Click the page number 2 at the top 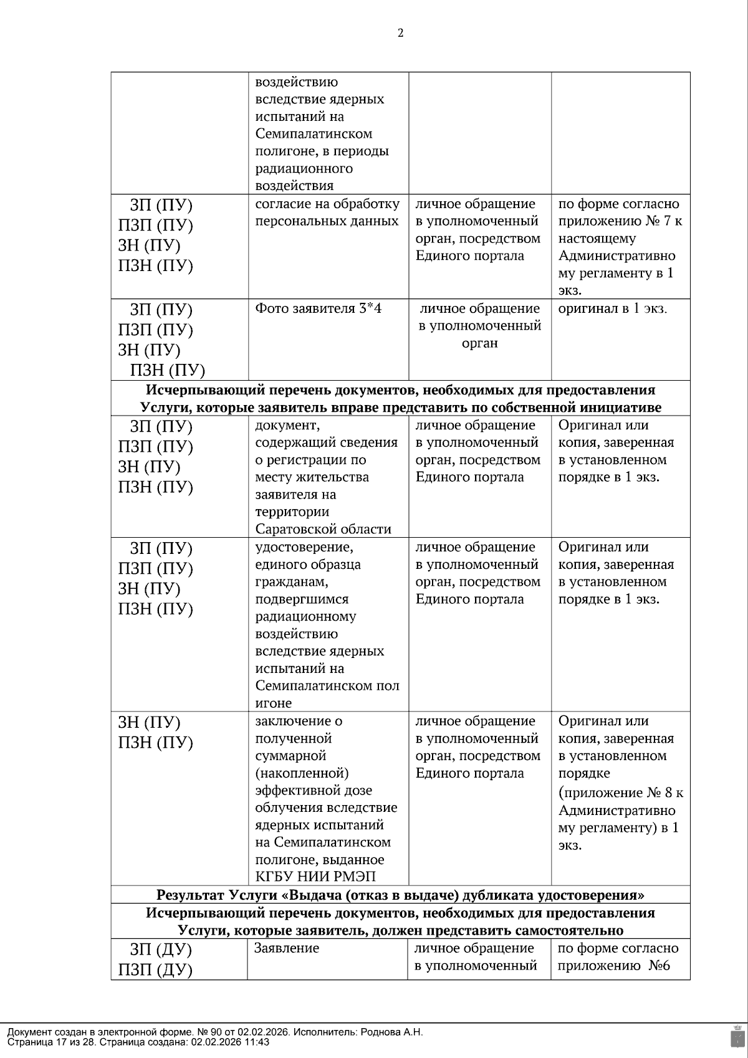[400, 34]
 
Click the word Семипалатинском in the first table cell [314, 134]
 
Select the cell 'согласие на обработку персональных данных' [327, 213]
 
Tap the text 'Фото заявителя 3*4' [318, 308]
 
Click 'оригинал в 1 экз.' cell [612, 308]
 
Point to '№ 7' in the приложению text [660, 221]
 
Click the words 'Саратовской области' [323, 530]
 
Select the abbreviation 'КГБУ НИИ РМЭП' [315, 877]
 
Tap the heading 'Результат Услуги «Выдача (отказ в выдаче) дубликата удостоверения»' [400, 895]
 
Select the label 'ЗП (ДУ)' [161, 950]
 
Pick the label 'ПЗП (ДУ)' [155, 970]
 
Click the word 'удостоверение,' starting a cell [304, 547]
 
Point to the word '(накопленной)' [302, 773]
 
